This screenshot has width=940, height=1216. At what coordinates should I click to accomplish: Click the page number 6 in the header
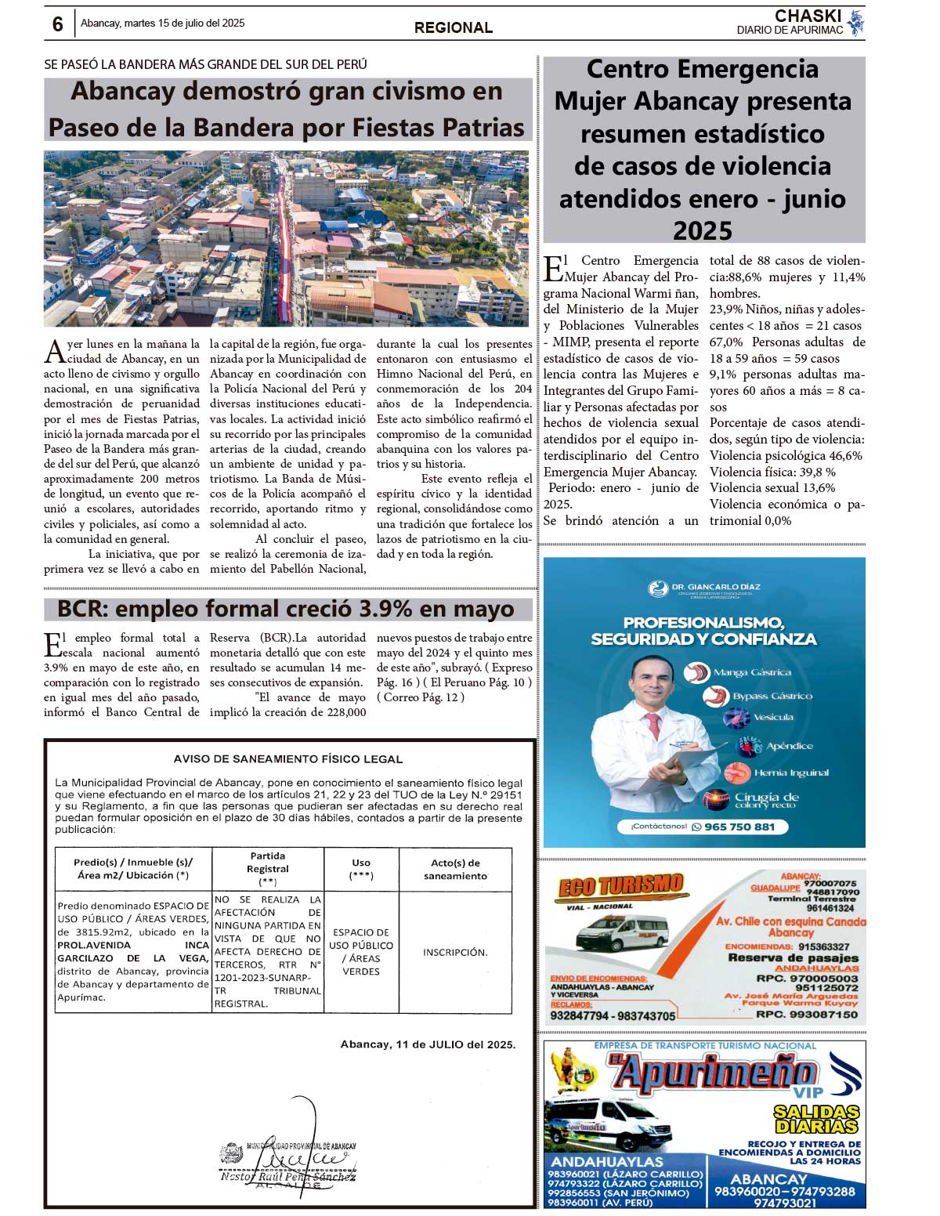click(x=57, y=24)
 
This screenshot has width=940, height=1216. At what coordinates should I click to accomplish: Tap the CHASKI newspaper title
click(x=807, y=16)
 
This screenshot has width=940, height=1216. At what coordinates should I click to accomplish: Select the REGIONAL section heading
click(x=454, y=27)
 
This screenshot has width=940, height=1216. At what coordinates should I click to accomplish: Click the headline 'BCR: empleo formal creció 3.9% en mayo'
click(x=286, y=609)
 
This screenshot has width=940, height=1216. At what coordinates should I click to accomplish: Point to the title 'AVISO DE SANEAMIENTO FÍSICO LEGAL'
click(x=288, y=758)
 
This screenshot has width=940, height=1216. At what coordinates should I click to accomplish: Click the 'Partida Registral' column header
click(x=268, y=868)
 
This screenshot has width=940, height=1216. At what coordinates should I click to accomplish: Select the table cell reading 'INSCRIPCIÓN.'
click(x=455, y=952)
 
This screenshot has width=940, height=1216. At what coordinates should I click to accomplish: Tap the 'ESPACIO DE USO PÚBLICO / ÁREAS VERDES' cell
click(x=361, y=952)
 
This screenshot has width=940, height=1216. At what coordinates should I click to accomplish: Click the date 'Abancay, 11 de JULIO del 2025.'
click(x=428, y=1044)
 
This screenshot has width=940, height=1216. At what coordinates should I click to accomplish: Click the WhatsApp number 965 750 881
click(x=739, y=827)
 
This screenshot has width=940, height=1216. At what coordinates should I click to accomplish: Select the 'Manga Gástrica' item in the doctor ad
click(x=751, y=672)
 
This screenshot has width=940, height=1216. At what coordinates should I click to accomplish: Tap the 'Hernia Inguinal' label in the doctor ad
click(x=791, y=773)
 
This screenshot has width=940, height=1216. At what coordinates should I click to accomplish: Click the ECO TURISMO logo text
click(x=620, y=886)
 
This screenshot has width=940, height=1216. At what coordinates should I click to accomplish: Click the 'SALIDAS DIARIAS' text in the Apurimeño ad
click(x=815, y=1119)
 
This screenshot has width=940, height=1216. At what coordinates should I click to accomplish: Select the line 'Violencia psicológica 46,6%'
click(x=786, y=455)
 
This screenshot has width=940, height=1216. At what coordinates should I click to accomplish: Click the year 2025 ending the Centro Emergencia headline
click(x=703, y=231)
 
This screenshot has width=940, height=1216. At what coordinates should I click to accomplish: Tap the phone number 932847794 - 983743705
click(x=613, y=1015)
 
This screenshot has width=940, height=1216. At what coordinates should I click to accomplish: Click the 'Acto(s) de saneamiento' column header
click(x=455, y=869)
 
